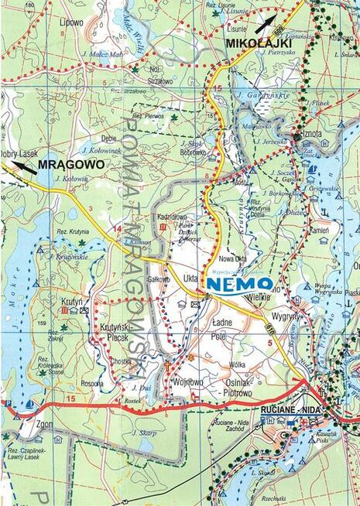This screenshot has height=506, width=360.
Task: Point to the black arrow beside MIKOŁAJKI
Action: [x=266, y=24]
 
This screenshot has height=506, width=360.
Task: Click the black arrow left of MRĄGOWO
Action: [x=23, y=166]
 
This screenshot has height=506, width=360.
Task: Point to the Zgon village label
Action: [x=24, y=423]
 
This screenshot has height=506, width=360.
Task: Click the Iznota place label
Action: [x=312, y=134]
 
